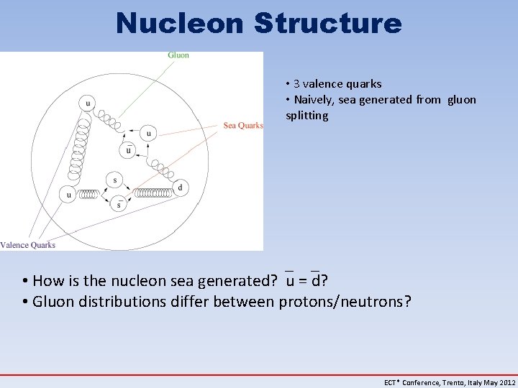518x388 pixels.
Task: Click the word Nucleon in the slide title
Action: coord(180,23)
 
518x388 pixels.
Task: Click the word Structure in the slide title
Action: coord(327,23)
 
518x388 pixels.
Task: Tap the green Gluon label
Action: coord(178,55)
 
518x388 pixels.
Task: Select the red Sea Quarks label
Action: coord(243,126)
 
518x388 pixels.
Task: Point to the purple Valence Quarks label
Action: coord(28,245)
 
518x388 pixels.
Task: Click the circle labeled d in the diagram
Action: coord(180,188)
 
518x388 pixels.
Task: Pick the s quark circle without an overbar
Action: coord(114,180)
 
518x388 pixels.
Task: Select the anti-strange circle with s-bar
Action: coord(119,205)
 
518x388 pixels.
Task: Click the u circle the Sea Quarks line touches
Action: coord(148,133)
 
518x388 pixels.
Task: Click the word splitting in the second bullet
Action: coord(307,116)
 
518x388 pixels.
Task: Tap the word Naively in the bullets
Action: coord(314,100)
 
